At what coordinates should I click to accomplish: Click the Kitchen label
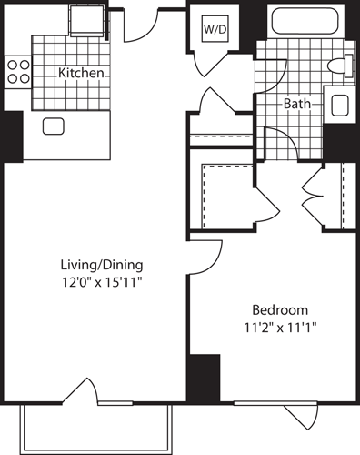[80, 73]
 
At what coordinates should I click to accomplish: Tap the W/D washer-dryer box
[215, 28]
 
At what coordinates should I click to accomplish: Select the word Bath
[296, 104]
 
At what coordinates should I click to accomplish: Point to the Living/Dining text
[102, 265]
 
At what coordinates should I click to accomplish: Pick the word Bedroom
[279, 309]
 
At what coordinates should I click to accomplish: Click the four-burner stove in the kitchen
[17, 72]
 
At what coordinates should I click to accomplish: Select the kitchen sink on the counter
[52, 126]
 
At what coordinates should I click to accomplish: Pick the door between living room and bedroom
[207, 258]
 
